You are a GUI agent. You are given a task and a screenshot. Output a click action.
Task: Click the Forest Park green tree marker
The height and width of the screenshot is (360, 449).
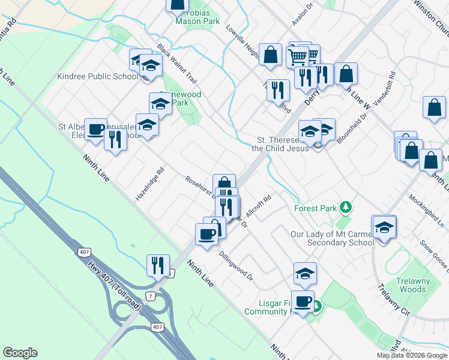pyautogui.click(x=345, y=208)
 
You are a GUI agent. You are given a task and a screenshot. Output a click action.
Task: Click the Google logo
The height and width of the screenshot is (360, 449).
pyautogui.click(x=20, y=353)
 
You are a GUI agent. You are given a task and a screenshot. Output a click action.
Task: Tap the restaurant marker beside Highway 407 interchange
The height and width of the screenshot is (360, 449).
pyautogui.click(x=157, y=265)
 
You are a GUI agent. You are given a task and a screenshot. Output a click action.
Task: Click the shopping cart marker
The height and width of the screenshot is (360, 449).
pyautogui.click(x=298, y=56)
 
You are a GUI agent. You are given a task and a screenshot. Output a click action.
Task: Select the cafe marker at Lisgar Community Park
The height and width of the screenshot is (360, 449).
pyautogui.click(x=304, y=301)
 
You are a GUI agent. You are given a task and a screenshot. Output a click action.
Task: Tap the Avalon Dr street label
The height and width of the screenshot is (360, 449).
pyautogui.click(x=303, y=15)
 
